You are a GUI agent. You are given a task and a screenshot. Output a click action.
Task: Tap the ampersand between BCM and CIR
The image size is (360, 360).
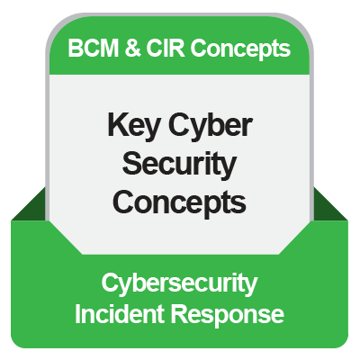[127, 48]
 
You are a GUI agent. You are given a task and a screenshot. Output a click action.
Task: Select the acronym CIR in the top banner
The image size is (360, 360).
[157, 48]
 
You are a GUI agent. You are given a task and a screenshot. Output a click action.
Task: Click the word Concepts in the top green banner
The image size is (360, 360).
[235, 48]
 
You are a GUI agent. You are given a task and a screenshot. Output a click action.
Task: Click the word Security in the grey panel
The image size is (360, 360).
[180, 164]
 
